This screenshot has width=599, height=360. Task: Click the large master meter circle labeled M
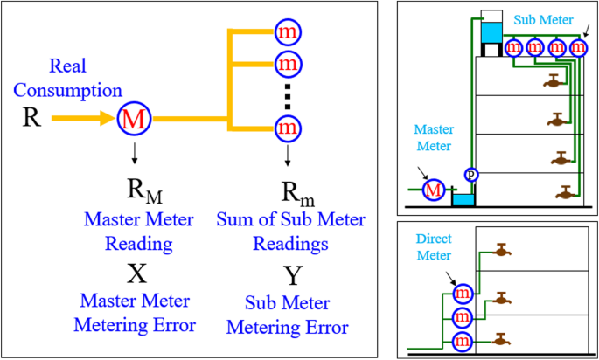135,119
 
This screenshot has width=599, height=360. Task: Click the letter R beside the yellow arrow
31,118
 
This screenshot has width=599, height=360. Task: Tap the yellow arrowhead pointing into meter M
108,119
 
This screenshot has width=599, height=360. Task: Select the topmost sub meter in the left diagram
289,31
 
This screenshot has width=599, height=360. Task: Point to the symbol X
136,275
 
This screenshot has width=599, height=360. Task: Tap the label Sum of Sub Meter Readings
290,232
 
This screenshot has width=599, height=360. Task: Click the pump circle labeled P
471,175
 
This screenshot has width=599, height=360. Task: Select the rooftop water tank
491,32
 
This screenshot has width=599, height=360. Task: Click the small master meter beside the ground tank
434,189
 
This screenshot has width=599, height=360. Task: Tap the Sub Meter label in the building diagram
544,20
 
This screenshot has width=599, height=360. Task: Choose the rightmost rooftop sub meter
577,48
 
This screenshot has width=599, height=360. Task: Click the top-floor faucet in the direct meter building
501,251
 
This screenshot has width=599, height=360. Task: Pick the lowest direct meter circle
463,341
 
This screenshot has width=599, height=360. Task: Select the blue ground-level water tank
463,199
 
